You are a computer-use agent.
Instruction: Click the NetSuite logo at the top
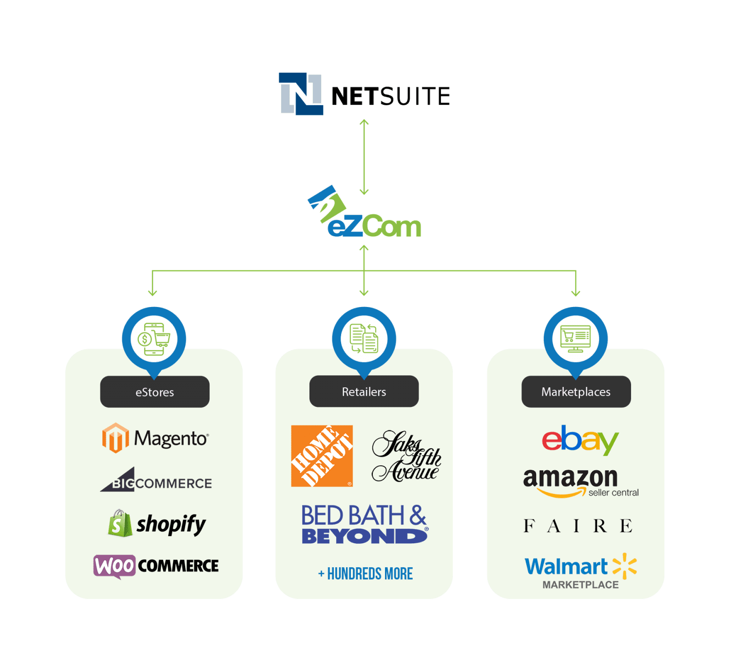[x=364, y=95]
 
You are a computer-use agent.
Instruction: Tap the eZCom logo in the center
[x=365, y=214]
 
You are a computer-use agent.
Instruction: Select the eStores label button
[x=154, y=392]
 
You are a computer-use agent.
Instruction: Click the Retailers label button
[x=364, y=391]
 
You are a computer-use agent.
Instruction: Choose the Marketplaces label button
[x=576, y=392]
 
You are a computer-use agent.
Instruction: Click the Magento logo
[x=155, y=438]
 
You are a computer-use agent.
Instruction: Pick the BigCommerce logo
[x=156, y=481]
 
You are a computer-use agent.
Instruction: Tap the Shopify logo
[x=156, y=524]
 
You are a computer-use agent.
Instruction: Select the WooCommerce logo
[x=156, y=566]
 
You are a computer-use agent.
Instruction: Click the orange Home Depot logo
[x=322, y=456]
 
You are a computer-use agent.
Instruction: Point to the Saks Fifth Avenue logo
[x=406, y=457]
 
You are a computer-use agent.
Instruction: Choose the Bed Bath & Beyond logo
[x=365, y=524]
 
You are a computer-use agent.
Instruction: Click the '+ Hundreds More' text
[x=365, y=574]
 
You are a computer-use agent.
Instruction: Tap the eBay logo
[x=580, y=440]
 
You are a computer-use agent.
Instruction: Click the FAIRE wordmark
[x=578, y=526]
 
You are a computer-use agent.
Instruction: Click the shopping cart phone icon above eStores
[x=154, y=339]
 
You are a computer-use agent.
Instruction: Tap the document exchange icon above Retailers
[x=364, y=338]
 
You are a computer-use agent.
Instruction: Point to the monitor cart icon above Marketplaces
[x=576, y=338]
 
